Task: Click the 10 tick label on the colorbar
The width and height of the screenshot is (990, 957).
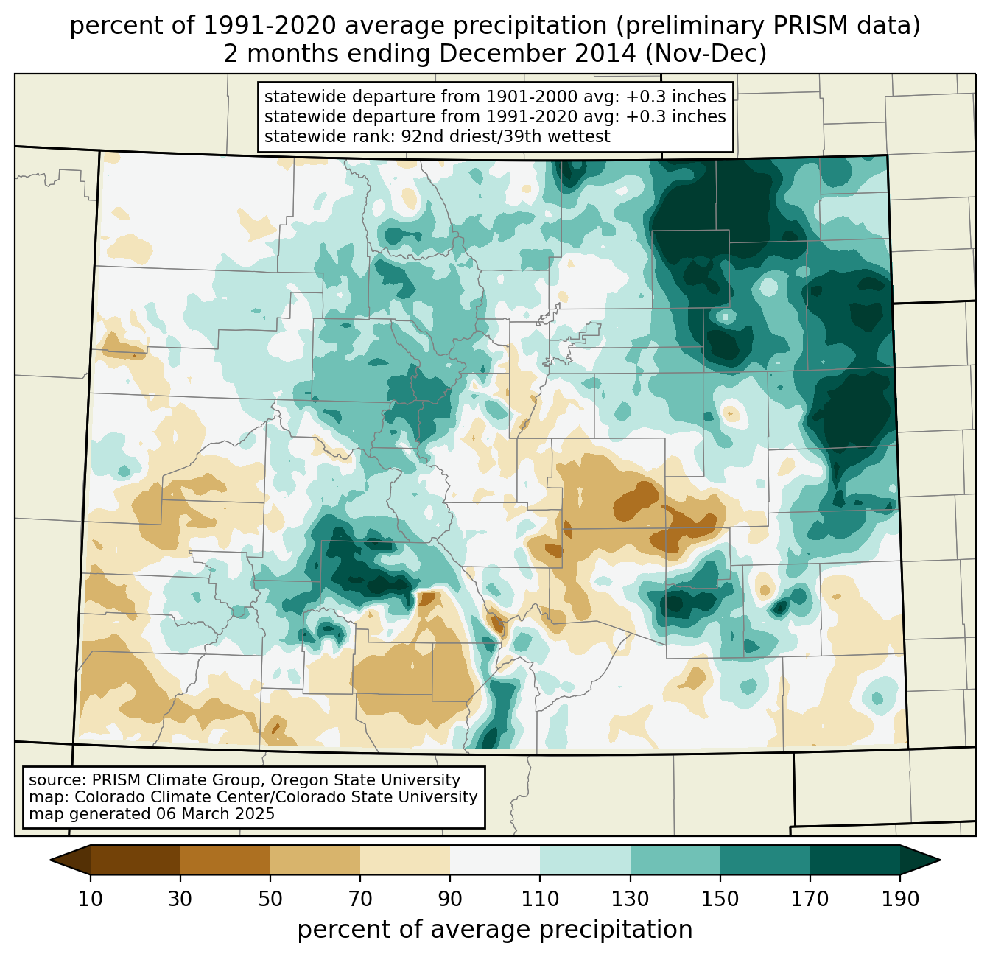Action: point(91,900)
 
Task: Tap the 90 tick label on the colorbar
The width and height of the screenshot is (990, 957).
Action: point(450,900)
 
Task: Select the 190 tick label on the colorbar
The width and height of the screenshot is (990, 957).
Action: point(900,900)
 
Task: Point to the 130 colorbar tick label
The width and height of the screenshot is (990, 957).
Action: point(631,900)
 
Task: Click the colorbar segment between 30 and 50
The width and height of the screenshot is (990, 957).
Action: point(225,860)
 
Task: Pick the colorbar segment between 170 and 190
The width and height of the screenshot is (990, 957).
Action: point(855,860)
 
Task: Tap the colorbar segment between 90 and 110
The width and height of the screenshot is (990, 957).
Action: point(495,860)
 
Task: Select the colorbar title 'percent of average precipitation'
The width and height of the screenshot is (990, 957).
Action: point(495,930)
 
